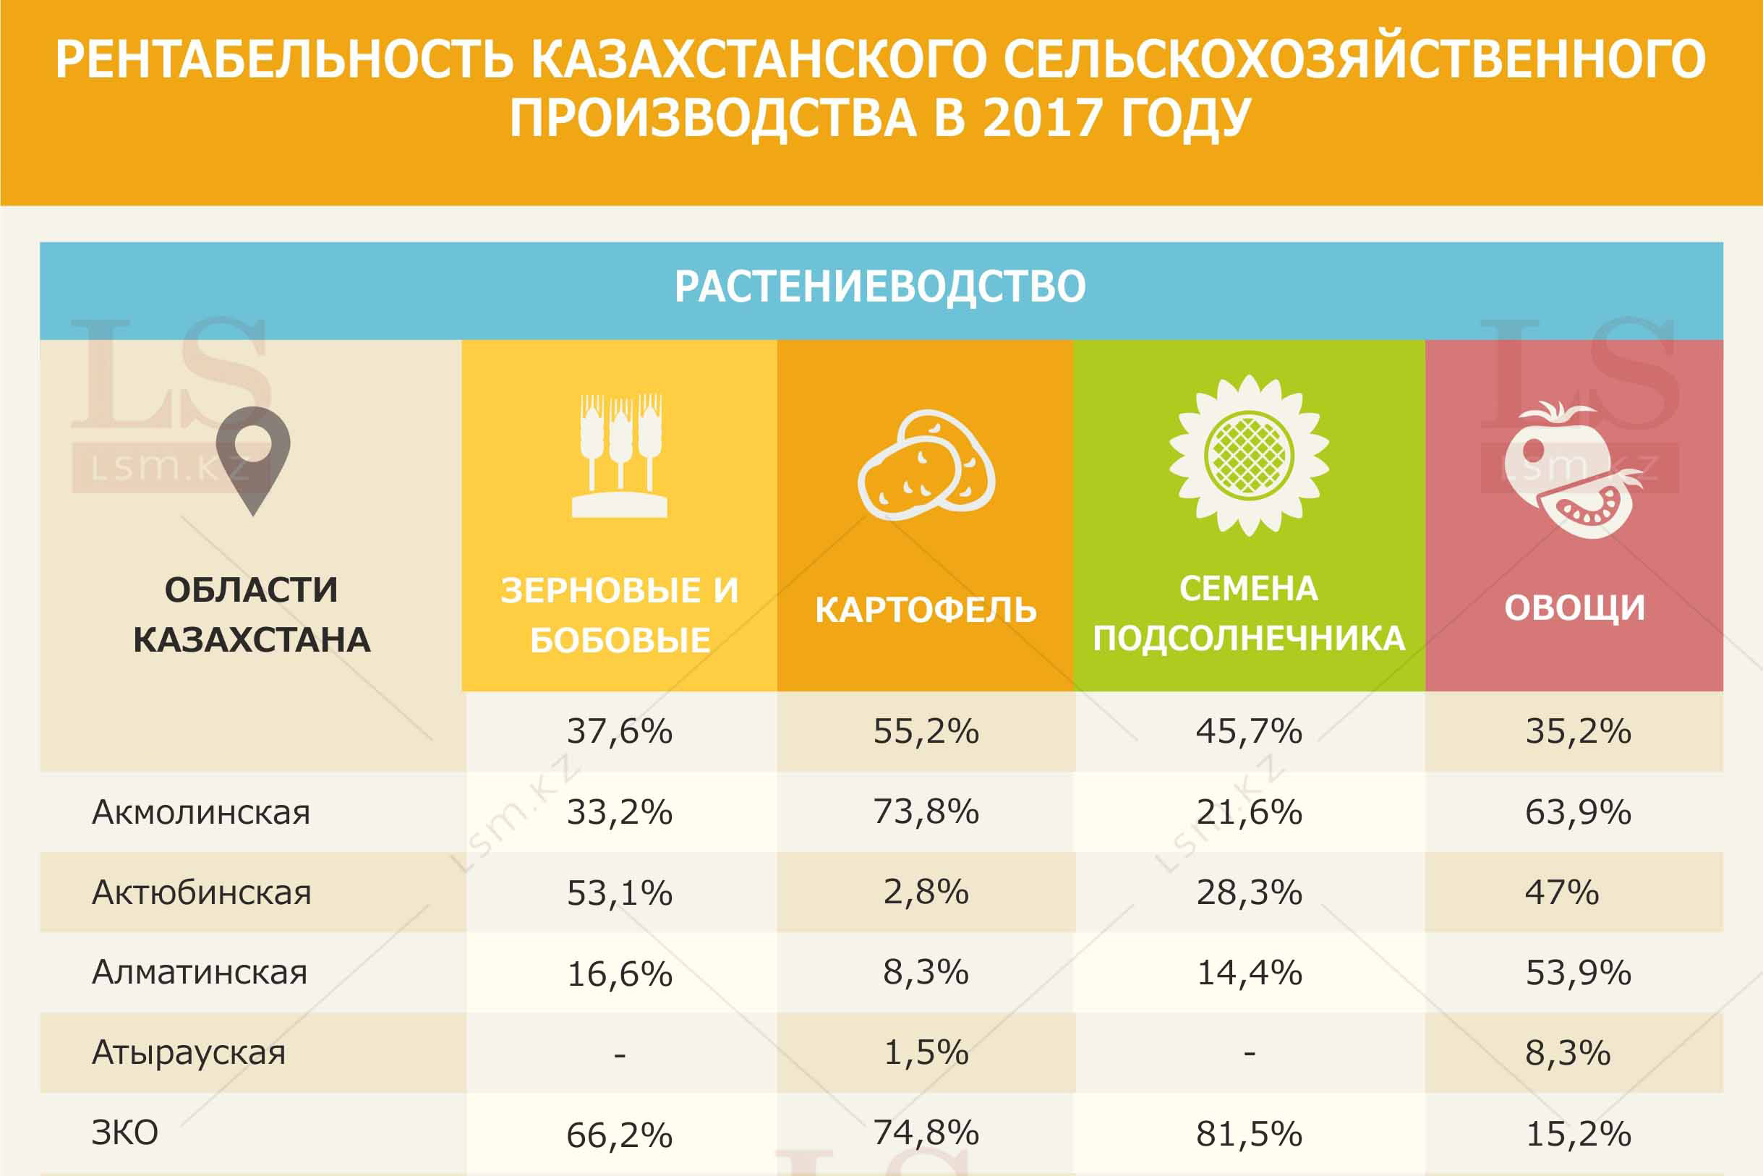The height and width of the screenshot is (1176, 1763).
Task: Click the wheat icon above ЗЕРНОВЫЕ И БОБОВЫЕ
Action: [x=620, y=455]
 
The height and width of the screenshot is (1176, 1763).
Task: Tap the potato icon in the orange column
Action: [x=926, y=466]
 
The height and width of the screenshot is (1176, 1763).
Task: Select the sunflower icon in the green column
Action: [x=1249, y=455]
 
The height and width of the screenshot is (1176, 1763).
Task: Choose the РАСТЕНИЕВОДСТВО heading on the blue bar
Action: [x=880, y=286]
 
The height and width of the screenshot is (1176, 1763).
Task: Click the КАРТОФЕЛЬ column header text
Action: [x=926, y=610]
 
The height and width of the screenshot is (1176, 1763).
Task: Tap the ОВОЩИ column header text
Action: [x=1575, y=608]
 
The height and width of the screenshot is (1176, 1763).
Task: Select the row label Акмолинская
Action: [x=201, y=813]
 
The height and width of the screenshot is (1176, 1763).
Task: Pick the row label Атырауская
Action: [x=189, y=1053]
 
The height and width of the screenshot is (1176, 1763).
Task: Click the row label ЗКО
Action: [x=124, y=1133]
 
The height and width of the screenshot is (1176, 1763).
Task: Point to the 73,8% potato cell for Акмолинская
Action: [x=926, y=812]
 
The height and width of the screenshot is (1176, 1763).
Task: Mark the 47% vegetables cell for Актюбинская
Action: [x=1562, y=892]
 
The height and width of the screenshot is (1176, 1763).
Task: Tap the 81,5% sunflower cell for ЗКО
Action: [x=1250, y=1134]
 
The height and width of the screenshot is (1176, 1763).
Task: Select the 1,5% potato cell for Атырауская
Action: [x=926, y=1053]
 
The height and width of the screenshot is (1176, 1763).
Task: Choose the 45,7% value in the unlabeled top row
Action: [x=1250, y=731]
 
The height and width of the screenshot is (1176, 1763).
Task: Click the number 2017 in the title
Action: [x=1042, y=119]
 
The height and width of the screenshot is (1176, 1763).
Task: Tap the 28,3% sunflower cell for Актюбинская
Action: [x=1250, y=892]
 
